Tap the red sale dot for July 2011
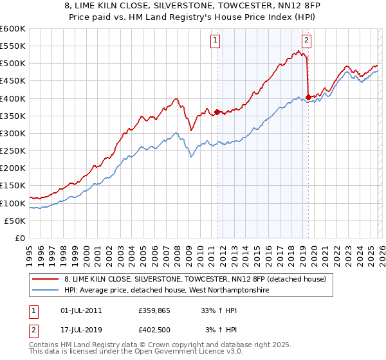point(217,112)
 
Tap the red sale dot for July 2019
point(309,97)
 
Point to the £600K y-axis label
point(13,29)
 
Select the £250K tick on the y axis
point(13,150)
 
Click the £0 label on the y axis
point(19,238)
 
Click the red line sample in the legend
point(46,279)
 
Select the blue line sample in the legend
point(46,290)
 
